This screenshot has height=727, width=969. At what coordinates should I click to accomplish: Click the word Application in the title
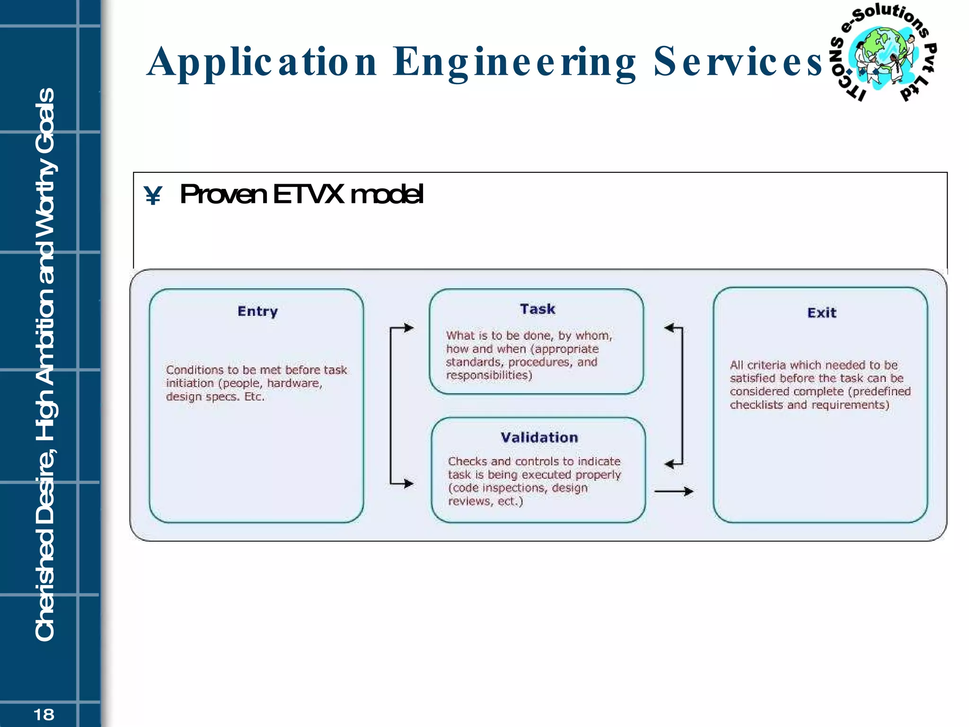pyautogui.click(x=262, y=62)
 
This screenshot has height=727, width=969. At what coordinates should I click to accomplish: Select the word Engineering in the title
pyautogui.click(x=514, y=62)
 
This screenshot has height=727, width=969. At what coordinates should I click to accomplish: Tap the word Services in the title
pyautogui.click(x=738, y=62)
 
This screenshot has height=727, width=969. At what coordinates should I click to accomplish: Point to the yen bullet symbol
pyautogui.click(x=153, y=195)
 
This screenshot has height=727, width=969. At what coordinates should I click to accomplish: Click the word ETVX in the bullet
pyautogui.click(x=308, y=194)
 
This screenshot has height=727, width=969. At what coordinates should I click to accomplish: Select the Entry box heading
pyautogui.click(x=257, y=311)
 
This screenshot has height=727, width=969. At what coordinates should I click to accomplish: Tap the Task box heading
pyautogui.click(x=537, y=309)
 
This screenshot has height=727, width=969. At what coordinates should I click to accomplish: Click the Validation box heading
pyautogui.click(x=539, y=437)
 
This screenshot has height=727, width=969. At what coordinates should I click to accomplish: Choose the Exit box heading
pyautogui.click(x=822, y=313)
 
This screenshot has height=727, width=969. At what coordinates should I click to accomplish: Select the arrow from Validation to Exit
pyautogui.click(x=674, y=491)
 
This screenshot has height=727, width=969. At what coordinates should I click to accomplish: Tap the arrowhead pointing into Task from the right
pyautogui.click(x=669, y=328)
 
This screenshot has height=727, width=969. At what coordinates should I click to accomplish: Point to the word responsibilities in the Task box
pyautogui.click(x=489, y=375)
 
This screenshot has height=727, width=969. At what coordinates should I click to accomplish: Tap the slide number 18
pyautogui.click(x=44, y=714)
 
